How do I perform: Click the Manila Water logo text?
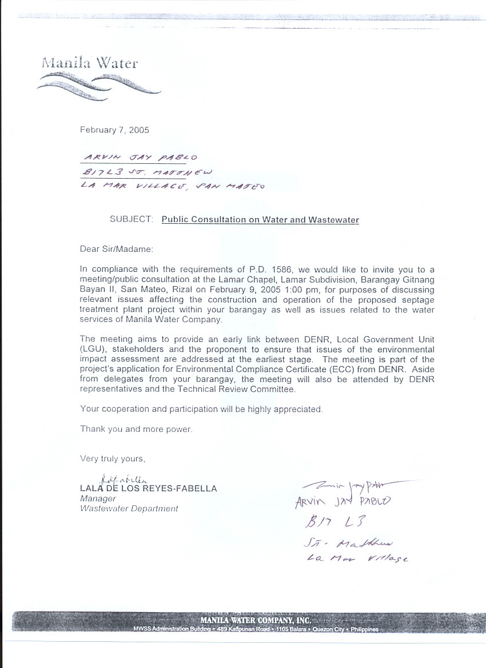click(89, 62)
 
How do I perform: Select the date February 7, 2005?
click(114, 130)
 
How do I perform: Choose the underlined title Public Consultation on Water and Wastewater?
click(260, 219)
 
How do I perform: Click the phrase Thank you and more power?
click(136, 429)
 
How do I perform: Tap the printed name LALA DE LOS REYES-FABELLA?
click(149, 489)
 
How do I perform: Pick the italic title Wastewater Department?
click(129, 508)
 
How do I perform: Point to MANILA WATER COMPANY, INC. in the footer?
click(255, 620)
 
